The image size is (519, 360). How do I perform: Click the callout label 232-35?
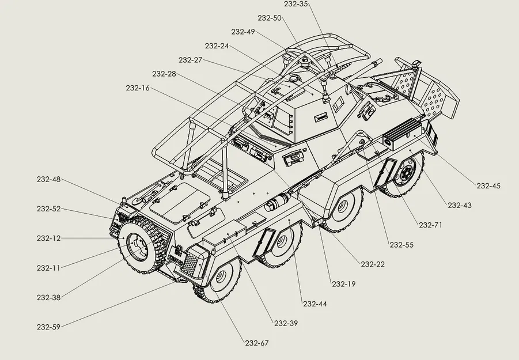[297, 4]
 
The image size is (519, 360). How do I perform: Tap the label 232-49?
[243, 32]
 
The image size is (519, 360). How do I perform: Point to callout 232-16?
[137, 88]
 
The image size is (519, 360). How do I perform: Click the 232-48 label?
[48, 179]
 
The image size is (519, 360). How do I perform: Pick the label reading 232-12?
[48, 238]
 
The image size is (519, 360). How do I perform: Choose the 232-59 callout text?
[48, 327]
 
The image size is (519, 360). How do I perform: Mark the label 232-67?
[256, 343]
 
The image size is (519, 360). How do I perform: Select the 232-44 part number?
[315, 304]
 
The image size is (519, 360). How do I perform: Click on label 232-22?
[373, 264]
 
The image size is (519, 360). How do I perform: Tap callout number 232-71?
[430, 225]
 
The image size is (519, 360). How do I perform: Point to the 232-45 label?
[488, 185]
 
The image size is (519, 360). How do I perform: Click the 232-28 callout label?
[164, 74]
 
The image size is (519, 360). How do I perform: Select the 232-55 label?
[401, 245]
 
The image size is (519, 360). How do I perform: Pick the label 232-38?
[48, 297]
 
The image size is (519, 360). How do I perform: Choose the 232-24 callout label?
[216, 46]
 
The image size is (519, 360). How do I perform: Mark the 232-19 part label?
[343, 283]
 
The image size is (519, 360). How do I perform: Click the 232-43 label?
[459, 205]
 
